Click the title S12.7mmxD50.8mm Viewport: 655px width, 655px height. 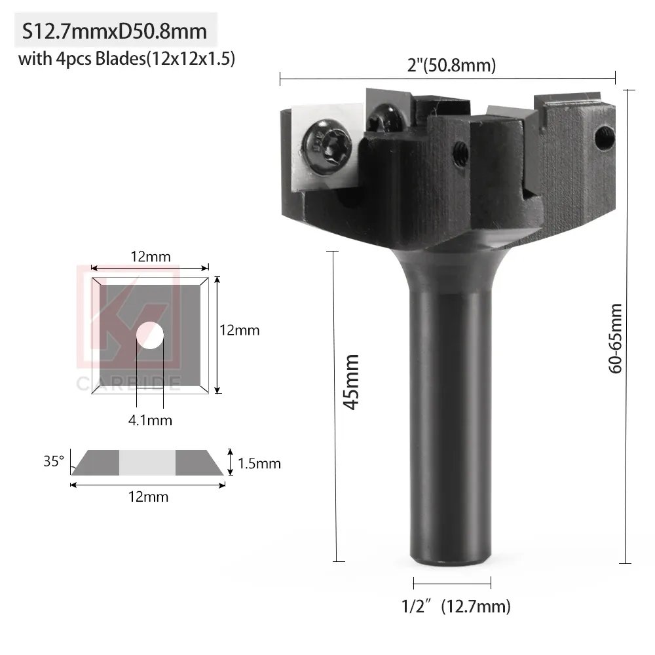click(x=115, y=31)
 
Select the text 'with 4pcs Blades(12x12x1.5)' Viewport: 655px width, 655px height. click(x=126, y=59)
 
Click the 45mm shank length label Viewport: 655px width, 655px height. click(x=352, y=382)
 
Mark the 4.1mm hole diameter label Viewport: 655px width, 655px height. click(x=150, y=421)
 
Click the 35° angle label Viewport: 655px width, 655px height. click(x=54, y=461)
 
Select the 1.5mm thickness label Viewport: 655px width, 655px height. click(x=259, y=464)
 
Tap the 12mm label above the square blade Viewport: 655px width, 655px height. click(x=150, y=257)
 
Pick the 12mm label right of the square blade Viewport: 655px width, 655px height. click(x=240, y=330)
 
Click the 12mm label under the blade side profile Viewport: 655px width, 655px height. click(x=148, y=496)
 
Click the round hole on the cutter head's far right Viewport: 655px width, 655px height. click(x=605, y=137)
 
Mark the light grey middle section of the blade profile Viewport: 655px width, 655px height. click(x=147, y=462)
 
